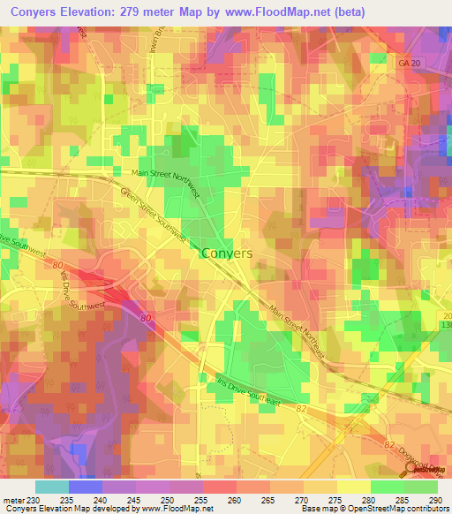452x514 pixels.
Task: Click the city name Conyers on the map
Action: (x=227, y=253)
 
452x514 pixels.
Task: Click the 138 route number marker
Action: (x=445, y=326)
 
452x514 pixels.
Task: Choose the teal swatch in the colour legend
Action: (x=51, y=488)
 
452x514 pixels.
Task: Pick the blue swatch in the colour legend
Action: (x=85, y=488)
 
